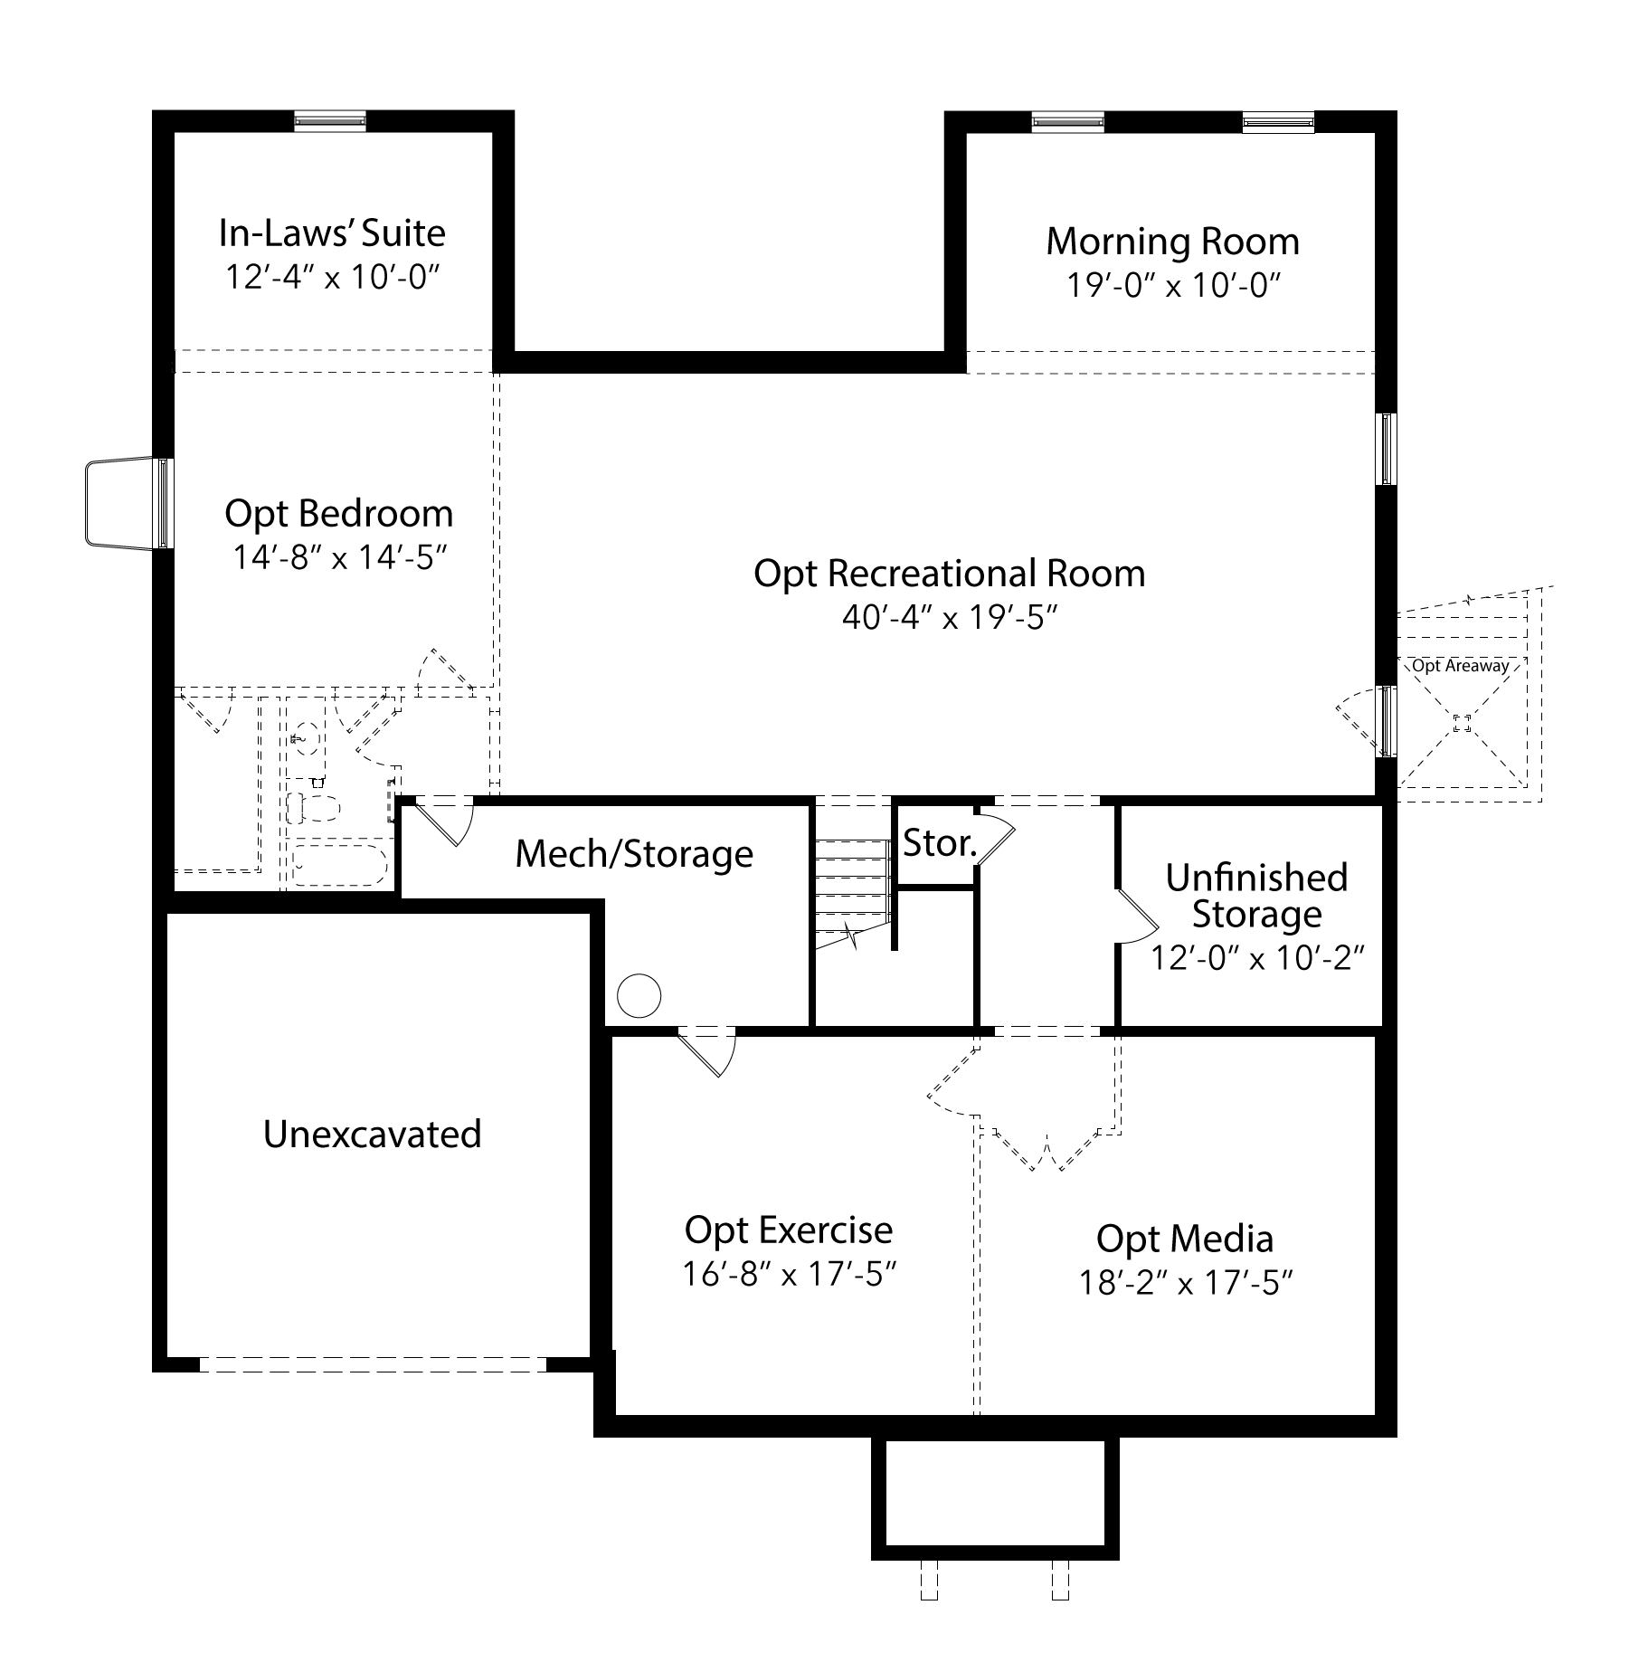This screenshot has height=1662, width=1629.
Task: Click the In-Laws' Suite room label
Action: click(x=332, y=233)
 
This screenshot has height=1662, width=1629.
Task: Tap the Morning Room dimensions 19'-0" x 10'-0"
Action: click(x=1173, y=285)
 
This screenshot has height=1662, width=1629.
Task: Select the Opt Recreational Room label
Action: click(x=950, y=574)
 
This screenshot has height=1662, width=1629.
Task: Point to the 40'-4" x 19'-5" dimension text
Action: click(x=950, y=617)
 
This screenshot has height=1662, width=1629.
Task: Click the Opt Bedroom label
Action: click(x=339, y=514)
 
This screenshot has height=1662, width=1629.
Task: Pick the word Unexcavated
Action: click(x=373, y=1134)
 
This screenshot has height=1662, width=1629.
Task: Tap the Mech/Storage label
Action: click(x=634, y=854)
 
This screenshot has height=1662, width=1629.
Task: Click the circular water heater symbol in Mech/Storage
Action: click(x=639, y=996)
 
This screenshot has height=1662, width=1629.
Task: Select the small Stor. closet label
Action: click(x=941, y=843)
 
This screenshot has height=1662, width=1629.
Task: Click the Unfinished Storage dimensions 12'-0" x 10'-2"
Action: click(x=1256, y=957)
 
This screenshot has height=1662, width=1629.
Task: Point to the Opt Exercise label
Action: click(x=789, y=1230)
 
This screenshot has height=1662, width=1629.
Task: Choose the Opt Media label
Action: click(x=1185, y=1239)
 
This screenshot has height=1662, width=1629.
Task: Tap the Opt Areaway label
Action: click(x=1461, y=666)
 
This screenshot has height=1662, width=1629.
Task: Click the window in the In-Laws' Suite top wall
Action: click(x=331, y=121)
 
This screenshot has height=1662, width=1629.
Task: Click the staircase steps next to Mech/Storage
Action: click(x=851, y=892)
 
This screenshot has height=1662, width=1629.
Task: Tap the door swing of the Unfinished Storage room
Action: click(x=1138, y=916)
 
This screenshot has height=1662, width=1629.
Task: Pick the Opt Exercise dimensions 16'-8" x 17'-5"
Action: click(x=789, y=1274)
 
